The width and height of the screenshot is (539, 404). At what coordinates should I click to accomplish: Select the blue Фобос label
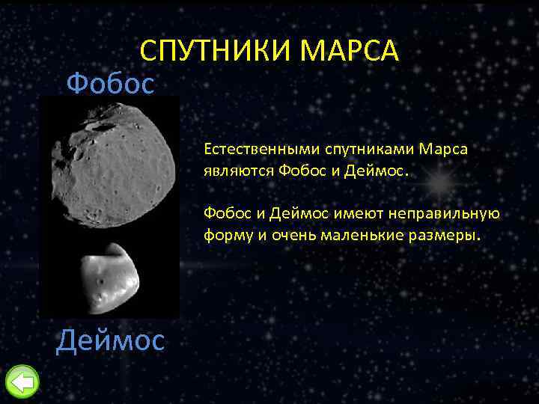click(x=110, y=83)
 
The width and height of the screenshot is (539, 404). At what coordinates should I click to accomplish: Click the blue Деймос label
click(x=110, y=340)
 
